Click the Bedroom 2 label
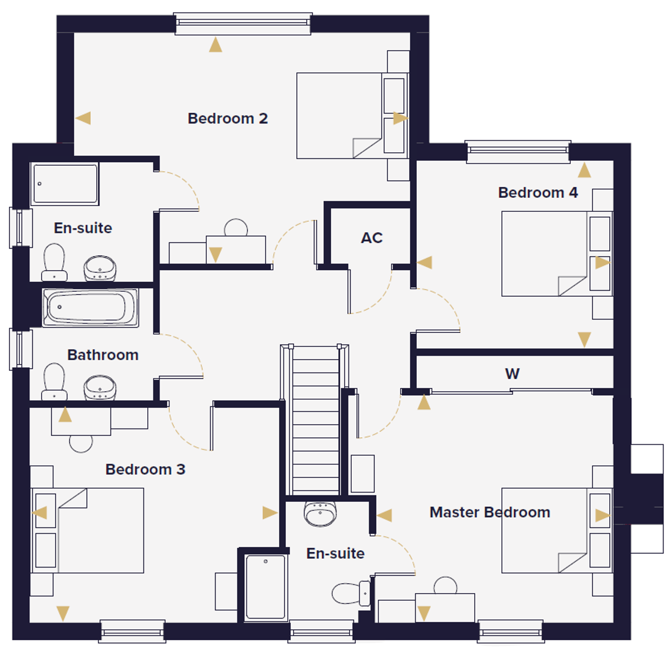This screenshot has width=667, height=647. tap(227, 118)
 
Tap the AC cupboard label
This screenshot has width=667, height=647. tap(371, 238)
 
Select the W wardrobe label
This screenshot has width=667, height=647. tap(512, 374)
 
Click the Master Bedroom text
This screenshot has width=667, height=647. tap(490, 512)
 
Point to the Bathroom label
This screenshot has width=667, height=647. tap(103, 355)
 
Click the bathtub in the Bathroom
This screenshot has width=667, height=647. tap(90, 307)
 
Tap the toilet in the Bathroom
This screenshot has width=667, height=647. tap(54, 381)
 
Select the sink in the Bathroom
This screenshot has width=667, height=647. tap(99, 387)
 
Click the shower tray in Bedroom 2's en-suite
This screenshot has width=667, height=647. tap(65, 183)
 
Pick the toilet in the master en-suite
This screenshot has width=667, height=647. tap(351, 593)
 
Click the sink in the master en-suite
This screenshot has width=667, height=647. tap(320, 514)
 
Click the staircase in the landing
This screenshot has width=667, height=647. tap(315, 420)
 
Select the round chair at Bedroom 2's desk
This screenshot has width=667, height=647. tap(236, 227)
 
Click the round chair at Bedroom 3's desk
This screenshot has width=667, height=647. tap(81, 444)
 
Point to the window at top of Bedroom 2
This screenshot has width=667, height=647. tap(243, 23)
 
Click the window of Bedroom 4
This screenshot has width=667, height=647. tap(517, 152)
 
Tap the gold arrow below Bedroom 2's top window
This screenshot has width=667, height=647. tap(216, 45)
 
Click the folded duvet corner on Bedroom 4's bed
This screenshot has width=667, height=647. tap(572, 286)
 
